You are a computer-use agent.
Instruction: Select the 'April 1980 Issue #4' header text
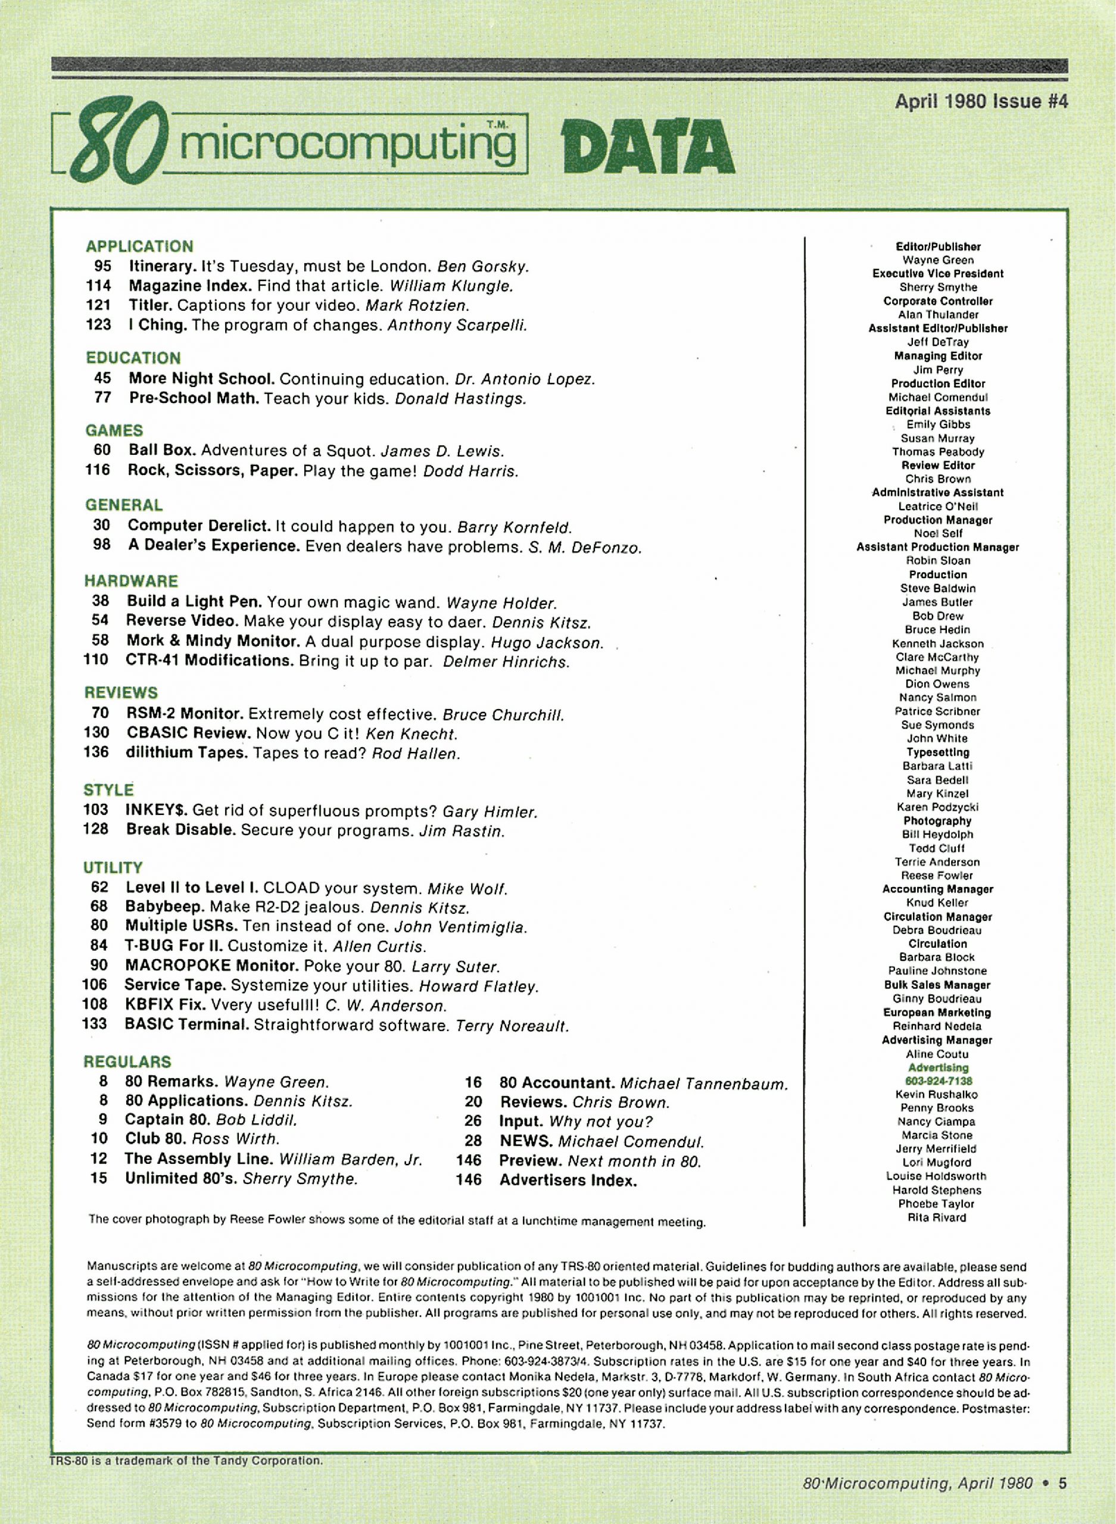[x=981, y=101]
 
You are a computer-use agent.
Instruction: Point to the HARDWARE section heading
[x=131, y=580]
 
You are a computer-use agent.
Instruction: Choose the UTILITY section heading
[x=113, y=867]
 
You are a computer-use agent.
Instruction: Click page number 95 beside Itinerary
[x=102, y=266]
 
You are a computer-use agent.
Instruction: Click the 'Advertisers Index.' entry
[x=568, y=1180]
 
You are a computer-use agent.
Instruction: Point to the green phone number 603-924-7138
[x=938, y=1080]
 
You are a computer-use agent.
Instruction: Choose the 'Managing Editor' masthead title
[x=938, y=356]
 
